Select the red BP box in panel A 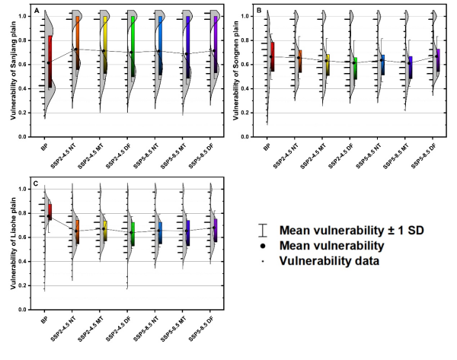50,61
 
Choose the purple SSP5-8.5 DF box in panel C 215,226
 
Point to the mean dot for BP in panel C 50,218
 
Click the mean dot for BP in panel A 50,62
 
